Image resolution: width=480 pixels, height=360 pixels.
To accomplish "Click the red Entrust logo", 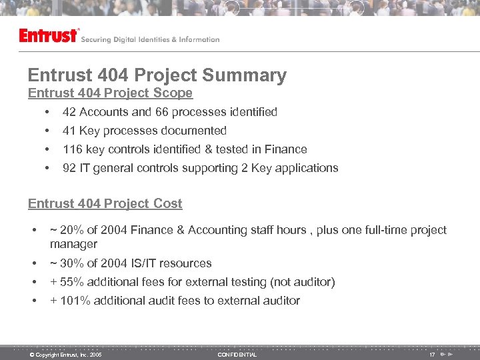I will click(x=49, y=36).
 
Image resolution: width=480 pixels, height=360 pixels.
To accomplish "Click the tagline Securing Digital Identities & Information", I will click(x=150, y=39).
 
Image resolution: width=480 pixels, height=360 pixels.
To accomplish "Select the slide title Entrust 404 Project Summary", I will click(x=157, y=75).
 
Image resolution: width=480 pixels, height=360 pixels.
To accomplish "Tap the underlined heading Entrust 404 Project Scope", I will click(x=110, y=93).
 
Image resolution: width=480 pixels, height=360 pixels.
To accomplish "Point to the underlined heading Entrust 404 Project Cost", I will click(x=105, y=204).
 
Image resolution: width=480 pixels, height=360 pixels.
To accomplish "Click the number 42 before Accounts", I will click(x=69, y=112).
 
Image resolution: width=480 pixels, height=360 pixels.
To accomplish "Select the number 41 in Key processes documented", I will click(x=69, y=131).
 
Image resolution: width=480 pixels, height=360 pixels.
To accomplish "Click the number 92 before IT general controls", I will click(x=69, y=168).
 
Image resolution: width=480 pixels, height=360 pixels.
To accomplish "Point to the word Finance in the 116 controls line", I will click(x=285, y=149).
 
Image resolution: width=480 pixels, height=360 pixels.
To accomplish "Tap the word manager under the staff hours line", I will click(x=73, y=244).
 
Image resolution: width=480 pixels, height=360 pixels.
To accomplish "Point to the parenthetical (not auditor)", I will click(x=300, y=282).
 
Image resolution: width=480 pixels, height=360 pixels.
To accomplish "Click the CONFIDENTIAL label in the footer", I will click(x=237, y=355).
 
